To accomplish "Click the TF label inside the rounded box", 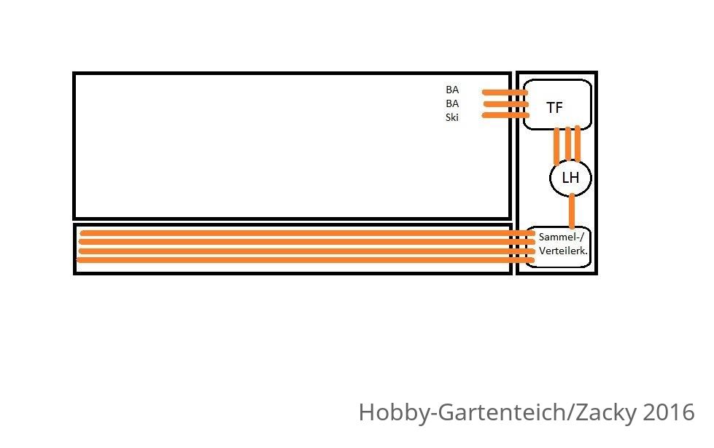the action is coord(554,108).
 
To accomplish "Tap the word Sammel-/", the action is coord(561,237).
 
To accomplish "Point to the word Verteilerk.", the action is coord(563,251).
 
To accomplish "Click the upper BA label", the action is coord(452,90).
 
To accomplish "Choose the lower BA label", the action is coord(452,103).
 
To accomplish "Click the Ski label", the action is coord(451,117).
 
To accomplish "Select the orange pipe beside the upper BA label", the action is coord(505,93).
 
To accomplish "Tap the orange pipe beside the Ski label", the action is coord(505,116).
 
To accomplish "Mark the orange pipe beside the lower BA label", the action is coord(505,104).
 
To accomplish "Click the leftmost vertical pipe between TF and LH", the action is coord(556,146).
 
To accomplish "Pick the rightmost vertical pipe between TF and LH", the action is coord(578,144).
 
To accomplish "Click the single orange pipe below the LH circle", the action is coord(572,211).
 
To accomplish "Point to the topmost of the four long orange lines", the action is coord(307,233).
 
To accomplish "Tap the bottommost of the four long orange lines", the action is coord(305,260).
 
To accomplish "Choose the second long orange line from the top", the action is coord(307,242).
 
